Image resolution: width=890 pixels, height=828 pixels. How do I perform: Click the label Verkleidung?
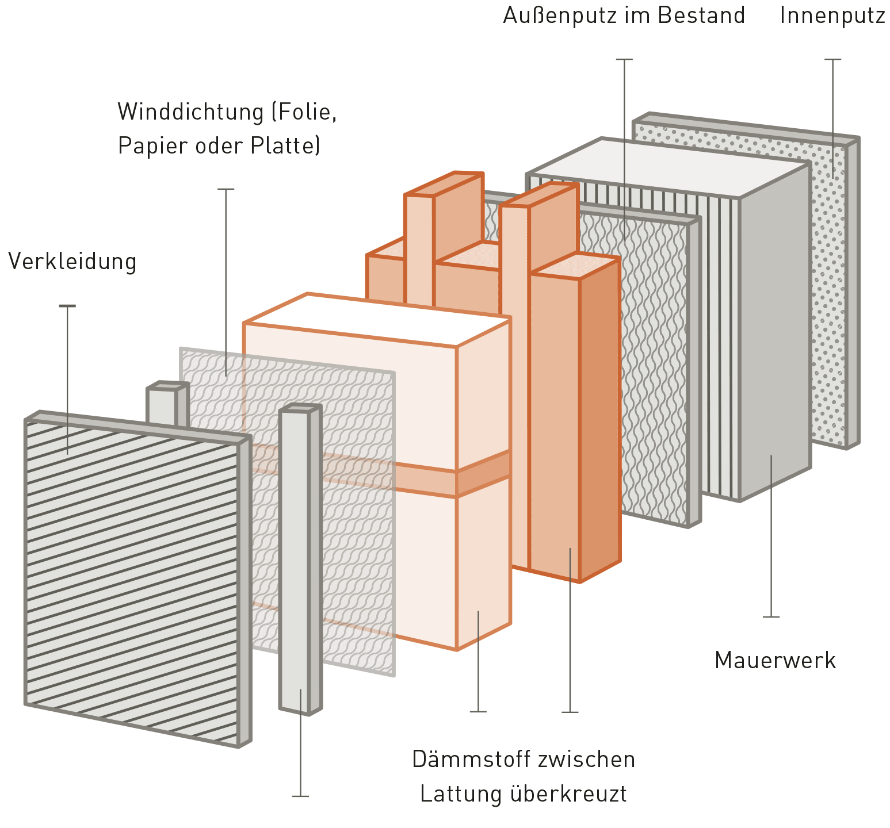[x=72, y=262]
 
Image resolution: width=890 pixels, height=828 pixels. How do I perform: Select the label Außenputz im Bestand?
[x=624, y=16]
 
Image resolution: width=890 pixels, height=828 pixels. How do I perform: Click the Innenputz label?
[x=832, y=16]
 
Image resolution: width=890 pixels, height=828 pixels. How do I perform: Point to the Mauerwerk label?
[x=774, y=660]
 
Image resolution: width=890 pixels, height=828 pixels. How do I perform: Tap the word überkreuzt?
[x=568, y=794]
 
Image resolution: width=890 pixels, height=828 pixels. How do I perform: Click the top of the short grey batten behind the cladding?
[x=166, y=386]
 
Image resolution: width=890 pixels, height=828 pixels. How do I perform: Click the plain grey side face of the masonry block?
[x=774, y=333]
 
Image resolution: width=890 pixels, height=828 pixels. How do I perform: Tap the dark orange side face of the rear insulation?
[x=599, y=420]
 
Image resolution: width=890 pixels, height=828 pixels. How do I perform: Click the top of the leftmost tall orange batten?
[x=443, y=184]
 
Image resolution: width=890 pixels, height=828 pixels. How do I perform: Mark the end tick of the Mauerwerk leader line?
[x=771, y=617]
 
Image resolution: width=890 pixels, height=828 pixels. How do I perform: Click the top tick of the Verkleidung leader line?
[x=67, y=306]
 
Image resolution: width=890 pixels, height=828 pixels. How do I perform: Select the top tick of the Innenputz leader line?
[x=832, y=59]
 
